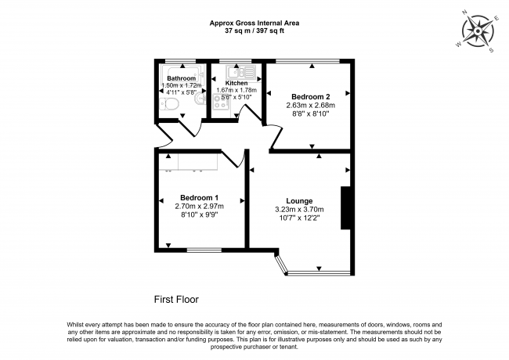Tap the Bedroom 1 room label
(x=199, y=197)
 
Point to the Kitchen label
(x=236, y=83)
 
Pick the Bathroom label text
(x=181, y=78)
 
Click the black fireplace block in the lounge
(x=345, y=207)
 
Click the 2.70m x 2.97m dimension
(x=199, y=206)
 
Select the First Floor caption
(x=176, y=300)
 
